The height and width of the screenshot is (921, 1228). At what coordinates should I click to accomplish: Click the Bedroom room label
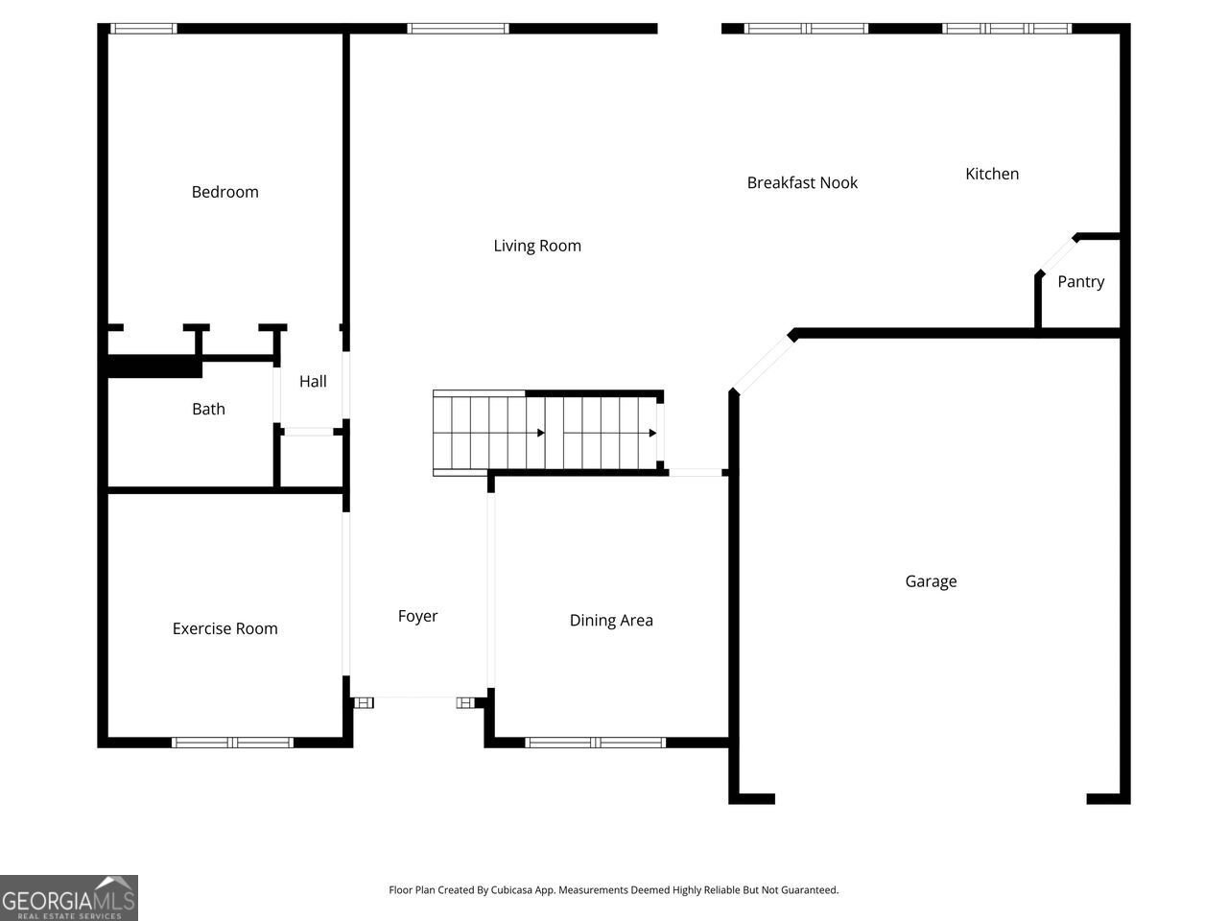click(x=224, y=192)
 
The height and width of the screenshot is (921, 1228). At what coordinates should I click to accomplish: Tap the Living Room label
click(x=537, y=246)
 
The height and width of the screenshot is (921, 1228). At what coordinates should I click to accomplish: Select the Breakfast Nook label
click(x=802, y=182)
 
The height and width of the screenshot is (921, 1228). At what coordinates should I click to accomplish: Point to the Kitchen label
click(x=992, y=174)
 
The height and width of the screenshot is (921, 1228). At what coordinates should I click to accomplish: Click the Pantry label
click(x=1080, y=281)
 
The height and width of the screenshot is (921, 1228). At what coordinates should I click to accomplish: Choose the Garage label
click(x=931, y=581)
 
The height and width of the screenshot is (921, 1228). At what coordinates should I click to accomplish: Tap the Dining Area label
click(x=611, y=621)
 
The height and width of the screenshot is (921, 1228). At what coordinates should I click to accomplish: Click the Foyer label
click(x=417, y=616)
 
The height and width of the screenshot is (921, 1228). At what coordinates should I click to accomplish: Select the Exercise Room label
click(x=224, y=628)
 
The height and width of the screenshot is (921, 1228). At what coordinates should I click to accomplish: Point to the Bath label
click(x=208, y=409)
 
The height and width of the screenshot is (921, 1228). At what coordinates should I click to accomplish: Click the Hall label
click(x=313, y=381)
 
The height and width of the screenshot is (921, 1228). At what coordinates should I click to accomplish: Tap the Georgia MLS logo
click(x=69, y=898)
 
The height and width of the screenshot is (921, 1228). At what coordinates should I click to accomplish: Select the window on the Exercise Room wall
click(x=232, y=742)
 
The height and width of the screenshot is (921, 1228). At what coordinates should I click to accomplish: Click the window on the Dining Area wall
click(x=596, y=742)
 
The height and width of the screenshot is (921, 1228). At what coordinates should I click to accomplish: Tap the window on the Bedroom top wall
click(x=143, y=29)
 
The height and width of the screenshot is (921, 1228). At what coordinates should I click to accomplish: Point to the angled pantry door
click(x=1056, y=255)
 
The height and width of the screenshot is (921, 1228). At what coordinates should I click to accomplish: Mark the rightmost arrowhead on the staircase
click(x=652, y=433)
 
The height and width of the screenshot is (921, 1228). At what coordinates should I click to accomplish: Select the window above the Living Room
click(x=458, y=29)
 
